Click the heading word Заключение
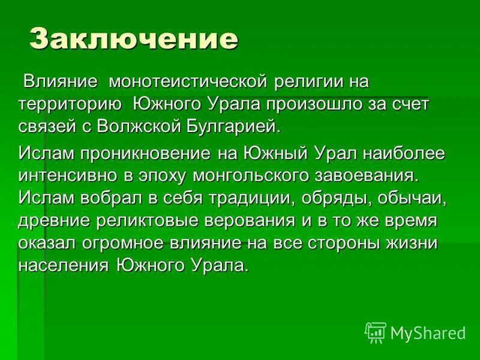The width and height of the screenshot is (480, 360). click(x=134, y=39)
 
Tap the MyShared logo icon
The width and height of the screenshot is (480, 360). click(x=375, y=332)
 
